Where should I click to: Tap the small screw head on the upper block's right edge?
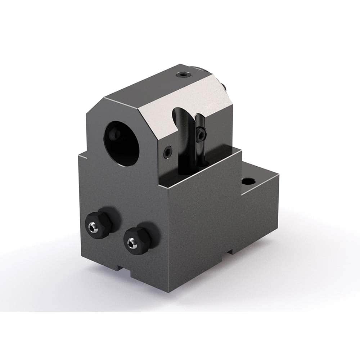pos(224,86)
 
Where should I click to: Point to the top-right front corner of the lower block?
pos(240,152)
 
